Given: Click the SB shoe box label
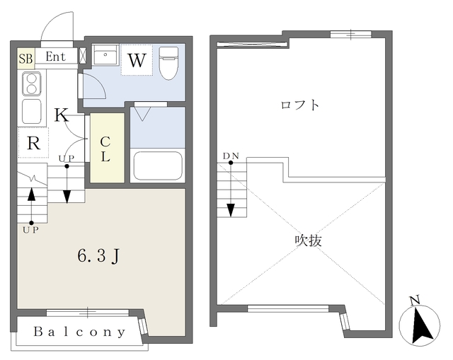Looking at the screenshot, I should coord(25,57).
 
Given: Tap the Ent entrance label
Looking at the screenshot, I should coord(56,56).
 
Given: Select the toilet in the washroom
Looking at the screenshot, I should coord(168,63).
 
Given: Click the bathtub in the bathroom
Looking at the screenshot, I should coord(158,165).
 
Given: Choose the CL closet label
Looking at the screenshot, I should coord(105,149).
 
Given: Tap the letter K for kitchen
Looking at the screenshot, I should coord(62,115).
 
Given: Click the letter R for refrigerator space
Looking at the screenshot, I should coord(33,143).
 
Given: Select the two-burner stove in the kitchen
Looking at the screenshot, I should coord(32,84).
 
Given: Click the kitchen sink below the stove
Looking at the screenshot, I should coord(32,111).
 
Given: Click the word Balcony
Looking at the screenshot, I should coord(79,331).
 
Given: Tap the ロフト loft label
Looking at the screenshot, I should coord(300,105).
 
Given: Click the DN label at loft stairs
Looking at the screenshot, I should coord(231,156).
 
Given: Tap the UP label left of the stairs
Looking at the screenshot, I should coord(30,230).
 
